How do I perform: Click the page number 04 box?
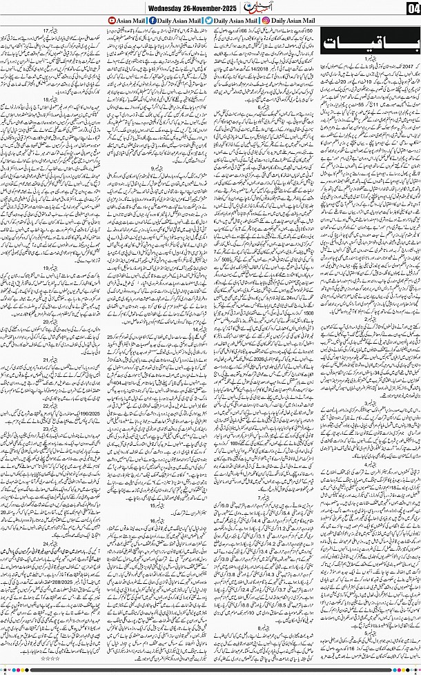411,8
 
